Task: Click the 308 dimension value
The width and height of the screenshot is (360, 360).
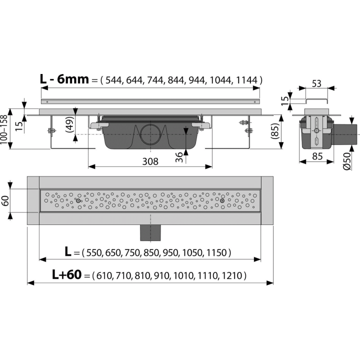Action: (150, 161)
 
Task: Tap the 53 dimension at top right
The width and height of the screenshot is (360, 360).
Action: (316, 83)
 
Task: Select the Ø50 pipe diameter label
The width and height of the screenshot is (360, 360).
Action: (347, 161)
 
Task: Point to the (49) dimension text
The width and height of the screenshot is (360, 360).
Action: (70, 124)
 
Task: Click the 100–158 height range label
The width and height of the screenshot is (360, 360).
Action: (4, 129)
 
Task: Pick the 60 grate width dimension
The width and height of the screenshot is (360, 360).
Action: (5, 200)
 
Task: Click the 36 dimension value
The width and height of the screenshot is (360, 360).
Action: (179, 157)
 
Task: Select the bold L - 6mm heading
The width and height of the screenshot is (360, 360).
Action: (64, 79)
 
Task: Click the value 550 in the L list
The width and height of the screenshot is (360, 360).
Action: (93, 253)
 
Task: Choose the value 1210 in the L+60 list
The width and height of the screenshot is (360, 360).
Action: (232, 275)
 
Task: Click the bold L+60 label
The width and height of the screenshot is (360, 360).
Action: (67, 274)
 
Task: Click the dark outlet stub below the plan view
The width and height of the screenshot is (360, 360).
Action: (150, 232)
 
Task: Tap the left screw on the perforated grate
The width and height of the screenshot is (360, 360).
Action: (78, 201)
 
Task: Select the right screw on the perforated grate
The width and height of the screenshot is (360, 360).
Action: (222, 201)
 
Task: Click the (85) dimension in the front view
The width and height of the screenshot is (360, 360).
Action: (274, 131)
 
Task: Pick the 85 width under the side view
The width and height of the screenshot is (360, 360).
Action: (317, 156)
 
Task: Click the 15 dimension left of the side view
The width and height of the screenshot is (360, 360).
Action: (284, 100)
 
